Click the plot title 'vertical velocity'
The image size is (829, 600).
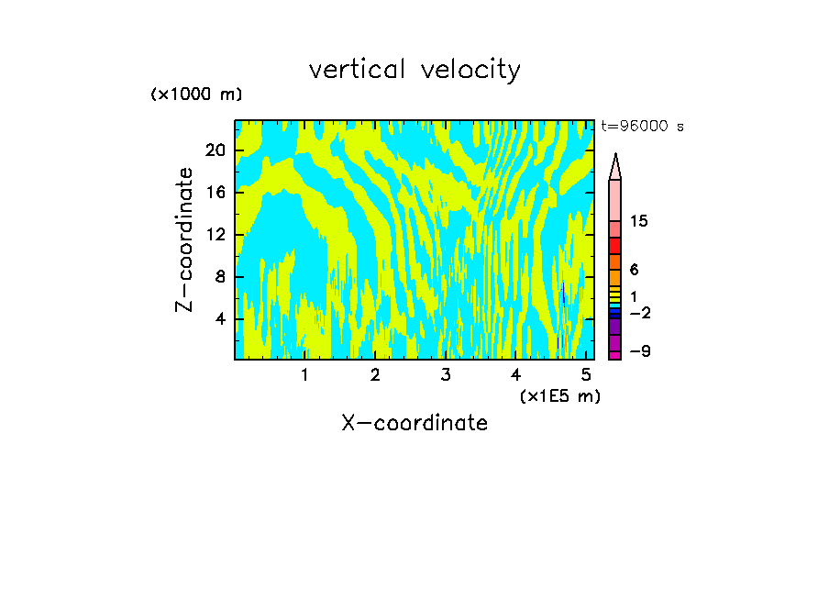tap(414, 70)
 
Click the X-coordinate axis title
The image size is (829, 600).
tap(414, 423)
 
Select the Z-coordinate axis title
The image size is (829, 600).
tap(185, 239)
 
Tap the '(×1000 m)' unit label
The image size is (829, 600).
tap(196, 95)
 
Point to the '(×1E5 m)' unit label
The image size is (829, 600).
tap(560, 395)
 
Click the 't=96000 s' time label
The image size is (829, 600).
tap(642, 127)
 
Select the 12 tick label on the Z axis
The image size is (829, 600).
tap(215, 234)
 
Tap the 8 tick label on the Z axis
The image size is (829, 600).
tap(219, 276)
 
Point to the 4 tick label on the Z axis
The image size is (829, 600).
tap(219, 319)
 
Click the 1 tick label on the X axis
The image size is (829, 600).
tap(304, 375)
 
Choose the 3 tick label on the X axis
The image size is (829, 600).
tap(445, 375)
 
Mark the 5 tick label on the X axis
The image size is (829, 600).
tap(586, 375)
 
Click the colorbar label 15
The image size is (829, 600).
tap(639, 222)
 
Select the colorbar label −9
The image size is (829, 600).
tap(639, 351)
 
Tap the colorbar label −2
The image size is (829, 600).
tap(639, 313)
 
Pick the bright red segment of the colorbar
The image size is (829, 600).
tap(614, 245)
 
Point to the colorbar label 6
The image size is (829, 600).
tap(634, 270)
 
